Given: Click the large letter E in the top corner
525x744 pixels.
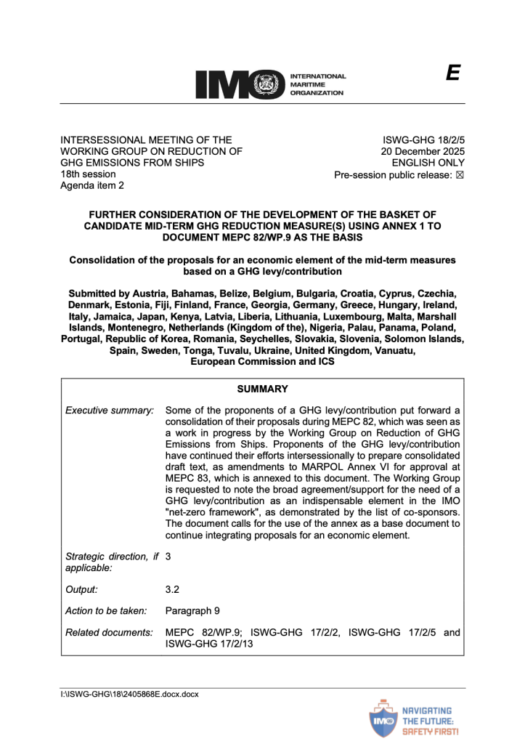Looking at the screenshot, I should pyautogui.click(x=453, y=73).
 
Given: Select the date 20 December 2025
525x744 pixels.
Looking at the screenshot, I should pyautogui.click(x=423, y=151).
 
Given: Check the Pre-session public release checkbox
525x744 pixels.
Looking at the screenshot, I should pyautogui.click(x=460, y=175).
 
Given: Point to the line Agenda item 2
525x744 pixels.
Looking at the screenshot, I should pyautogui.click(x=91, y=186).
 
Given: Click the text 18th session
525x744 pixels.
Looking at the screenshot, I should pyautogui.click(x=87, y=174).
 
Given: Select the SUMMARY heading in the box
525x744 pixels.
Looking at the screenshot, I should pyautogui.click(x=262, y=389).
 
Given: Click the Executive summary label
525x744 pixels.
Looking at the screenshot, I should pyautogui.click(x=110, y=411).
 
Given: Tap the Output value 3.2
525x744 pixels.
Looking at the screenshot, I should pyautogui.click(x=172, y=591).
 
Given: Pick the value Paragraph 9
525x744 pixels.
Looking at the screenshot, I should pyautogui.click(x=194, y=612).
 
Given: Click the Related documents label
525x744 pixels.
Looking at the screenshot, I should pyautogui.click(x=109, y=633).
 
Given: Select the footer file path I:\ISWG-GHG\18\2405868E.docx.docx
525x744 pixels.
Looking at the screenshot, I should pyautogui.click(x=129, y=695).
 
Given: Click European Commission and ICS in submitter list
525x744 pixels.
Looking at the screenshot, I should pyautogui.click(x=261, y=361).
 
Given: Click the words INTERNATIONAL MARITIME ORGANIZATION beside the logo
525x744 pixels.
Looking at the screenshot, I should pyautogui.click(x=317, y=84).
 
